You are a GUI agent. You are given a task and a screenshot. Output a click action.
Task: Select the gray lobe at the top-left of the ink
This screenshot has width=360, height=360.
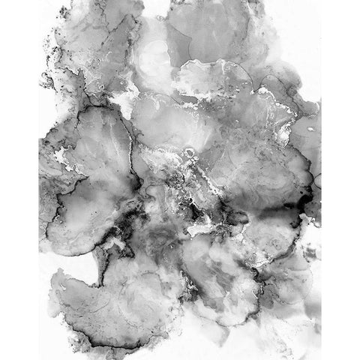tap(82, 37)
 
